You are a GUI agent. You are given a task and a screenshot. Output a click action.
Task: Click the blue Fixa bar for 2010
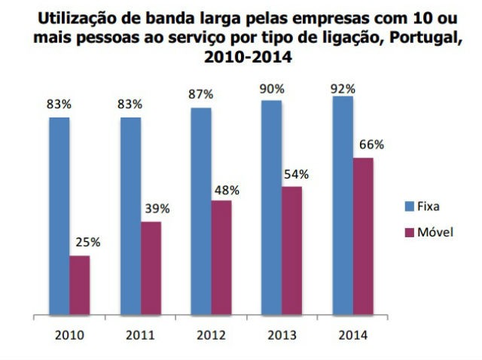pyautogui.click(x=59, y=215)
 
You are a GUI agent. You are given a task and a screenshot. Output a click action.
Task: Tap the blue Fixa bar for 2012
pyautogui.click(x=200, y=211)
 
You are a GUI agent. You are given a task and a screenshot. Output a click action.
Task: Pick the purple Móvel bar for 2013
pyautogui.click(x=291, y=249)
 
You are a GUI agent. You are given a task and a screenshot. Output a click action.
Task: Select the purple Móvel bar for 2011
pyautogui.click(x=151, y=267)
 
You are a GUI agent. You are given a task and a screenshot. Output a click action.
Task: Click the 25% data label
pyautogui.click(x=87, y=243)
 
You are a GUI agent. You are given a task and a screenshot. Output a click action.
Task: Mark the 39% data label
pyautogui.click(x=157, y=209)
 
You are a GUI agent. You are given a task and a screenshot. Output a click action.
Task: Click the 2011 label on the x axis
pyautogui.click(x=140, y=335)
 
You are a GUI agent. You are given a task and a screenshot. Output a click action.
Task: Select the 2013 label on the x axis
pyautogui.click(x=282, y=335)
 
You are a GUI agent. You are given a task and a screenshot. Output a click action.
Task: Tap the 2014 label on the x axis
pyautogui.click(x=352, y=335)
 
